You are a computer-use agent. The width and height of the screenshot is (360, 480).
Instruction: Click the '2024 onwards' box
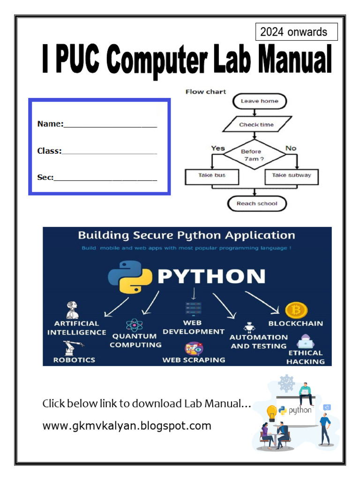[296, 32]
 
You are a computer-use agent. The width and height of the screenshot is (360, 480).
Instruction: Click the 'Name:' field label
[50, 124]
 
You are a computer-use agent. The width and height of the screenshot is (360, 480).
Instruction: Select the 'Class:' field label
[49, 151]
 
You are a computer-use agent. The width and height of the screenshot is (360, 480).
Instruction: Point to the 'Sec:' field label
[45, 178]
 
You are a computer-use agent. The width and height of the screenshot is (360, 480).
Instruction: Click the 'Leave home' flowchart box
[259, 101]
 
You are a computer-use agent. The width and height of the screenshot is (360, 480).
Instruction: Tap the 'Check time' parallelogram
[256, 125]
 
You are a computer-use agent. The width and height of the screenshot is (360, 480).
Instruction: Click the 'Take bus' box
[212, 176]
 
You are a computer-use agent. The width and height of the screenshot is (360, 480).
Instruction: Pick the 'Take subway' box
[291, 176]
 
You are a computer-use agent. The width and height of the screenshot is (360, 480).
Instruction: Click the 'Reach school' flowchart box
[257, 203]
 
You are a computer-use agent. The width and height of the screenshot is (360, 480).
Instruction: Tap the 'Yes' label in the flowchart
[218, 148]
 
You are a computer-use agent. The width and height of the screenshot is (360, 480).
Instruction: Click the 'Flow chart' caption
[206, 92]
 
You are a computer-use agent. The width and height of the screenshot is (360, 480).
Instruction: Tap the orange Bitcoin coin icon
[296, 310]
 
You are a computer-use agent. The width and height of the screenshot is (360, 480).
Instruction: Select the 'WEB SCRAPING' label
[194, 360]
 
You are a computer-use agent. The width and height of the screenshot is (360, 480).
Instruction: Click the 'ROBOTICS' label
[74, 360]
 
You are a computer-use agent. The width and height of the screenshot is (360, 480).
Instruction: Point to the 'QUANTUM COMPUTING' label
[135, 340]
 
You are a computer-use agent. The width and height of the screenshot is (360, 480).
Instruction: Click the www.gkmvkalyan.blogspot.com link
[127, 426]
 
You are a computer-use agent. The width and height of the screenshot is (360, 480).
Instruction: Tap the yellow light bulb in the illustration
[271, 412]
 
